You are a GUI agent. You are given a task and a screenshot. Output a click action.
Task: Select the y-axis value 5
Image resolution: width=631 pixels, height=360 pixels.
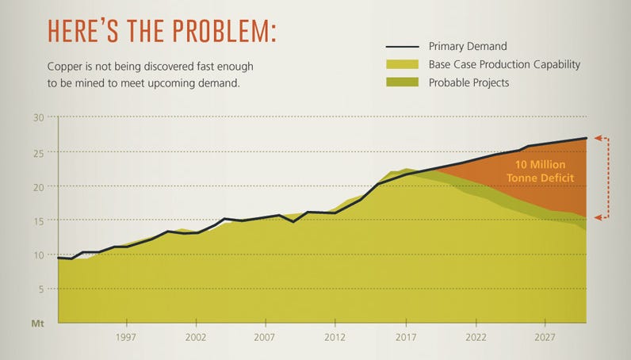[40, 289]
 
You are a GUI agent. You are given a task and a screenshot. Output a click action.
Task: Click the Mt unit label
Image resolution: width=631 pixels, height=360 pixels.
[36, 324]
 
